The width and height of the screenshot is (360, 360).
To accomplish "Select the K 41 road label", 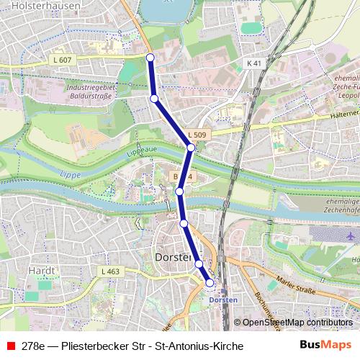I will click(x=253, y=63).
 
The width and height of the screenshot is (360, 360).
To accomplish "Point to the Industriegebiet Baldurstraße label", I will click(x=91, y=90).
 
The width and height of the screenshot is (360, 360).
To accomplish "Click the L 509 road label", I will click(x=197, y=135).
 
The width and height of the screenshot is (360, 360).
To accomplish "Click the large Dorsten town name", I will click(x=173, y=256).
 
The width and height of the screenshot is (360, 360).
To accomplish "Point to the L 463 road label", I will click(x=110, y=271).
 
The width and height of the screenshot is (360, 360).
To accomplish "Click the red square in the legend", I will click(x=10, y=346).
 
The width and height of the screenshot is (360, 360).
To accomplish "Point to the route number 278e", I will click(x=33, y=346).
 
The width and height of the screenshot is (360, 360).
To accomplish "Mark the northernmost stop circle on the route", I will click(x=150, y=57).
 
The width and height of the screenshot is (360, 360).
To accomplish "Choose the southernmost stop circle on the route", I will click(x=210, y=283).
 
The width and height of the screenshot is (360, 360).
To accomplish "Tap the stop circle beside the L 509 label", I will click(x=190, y=148).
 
